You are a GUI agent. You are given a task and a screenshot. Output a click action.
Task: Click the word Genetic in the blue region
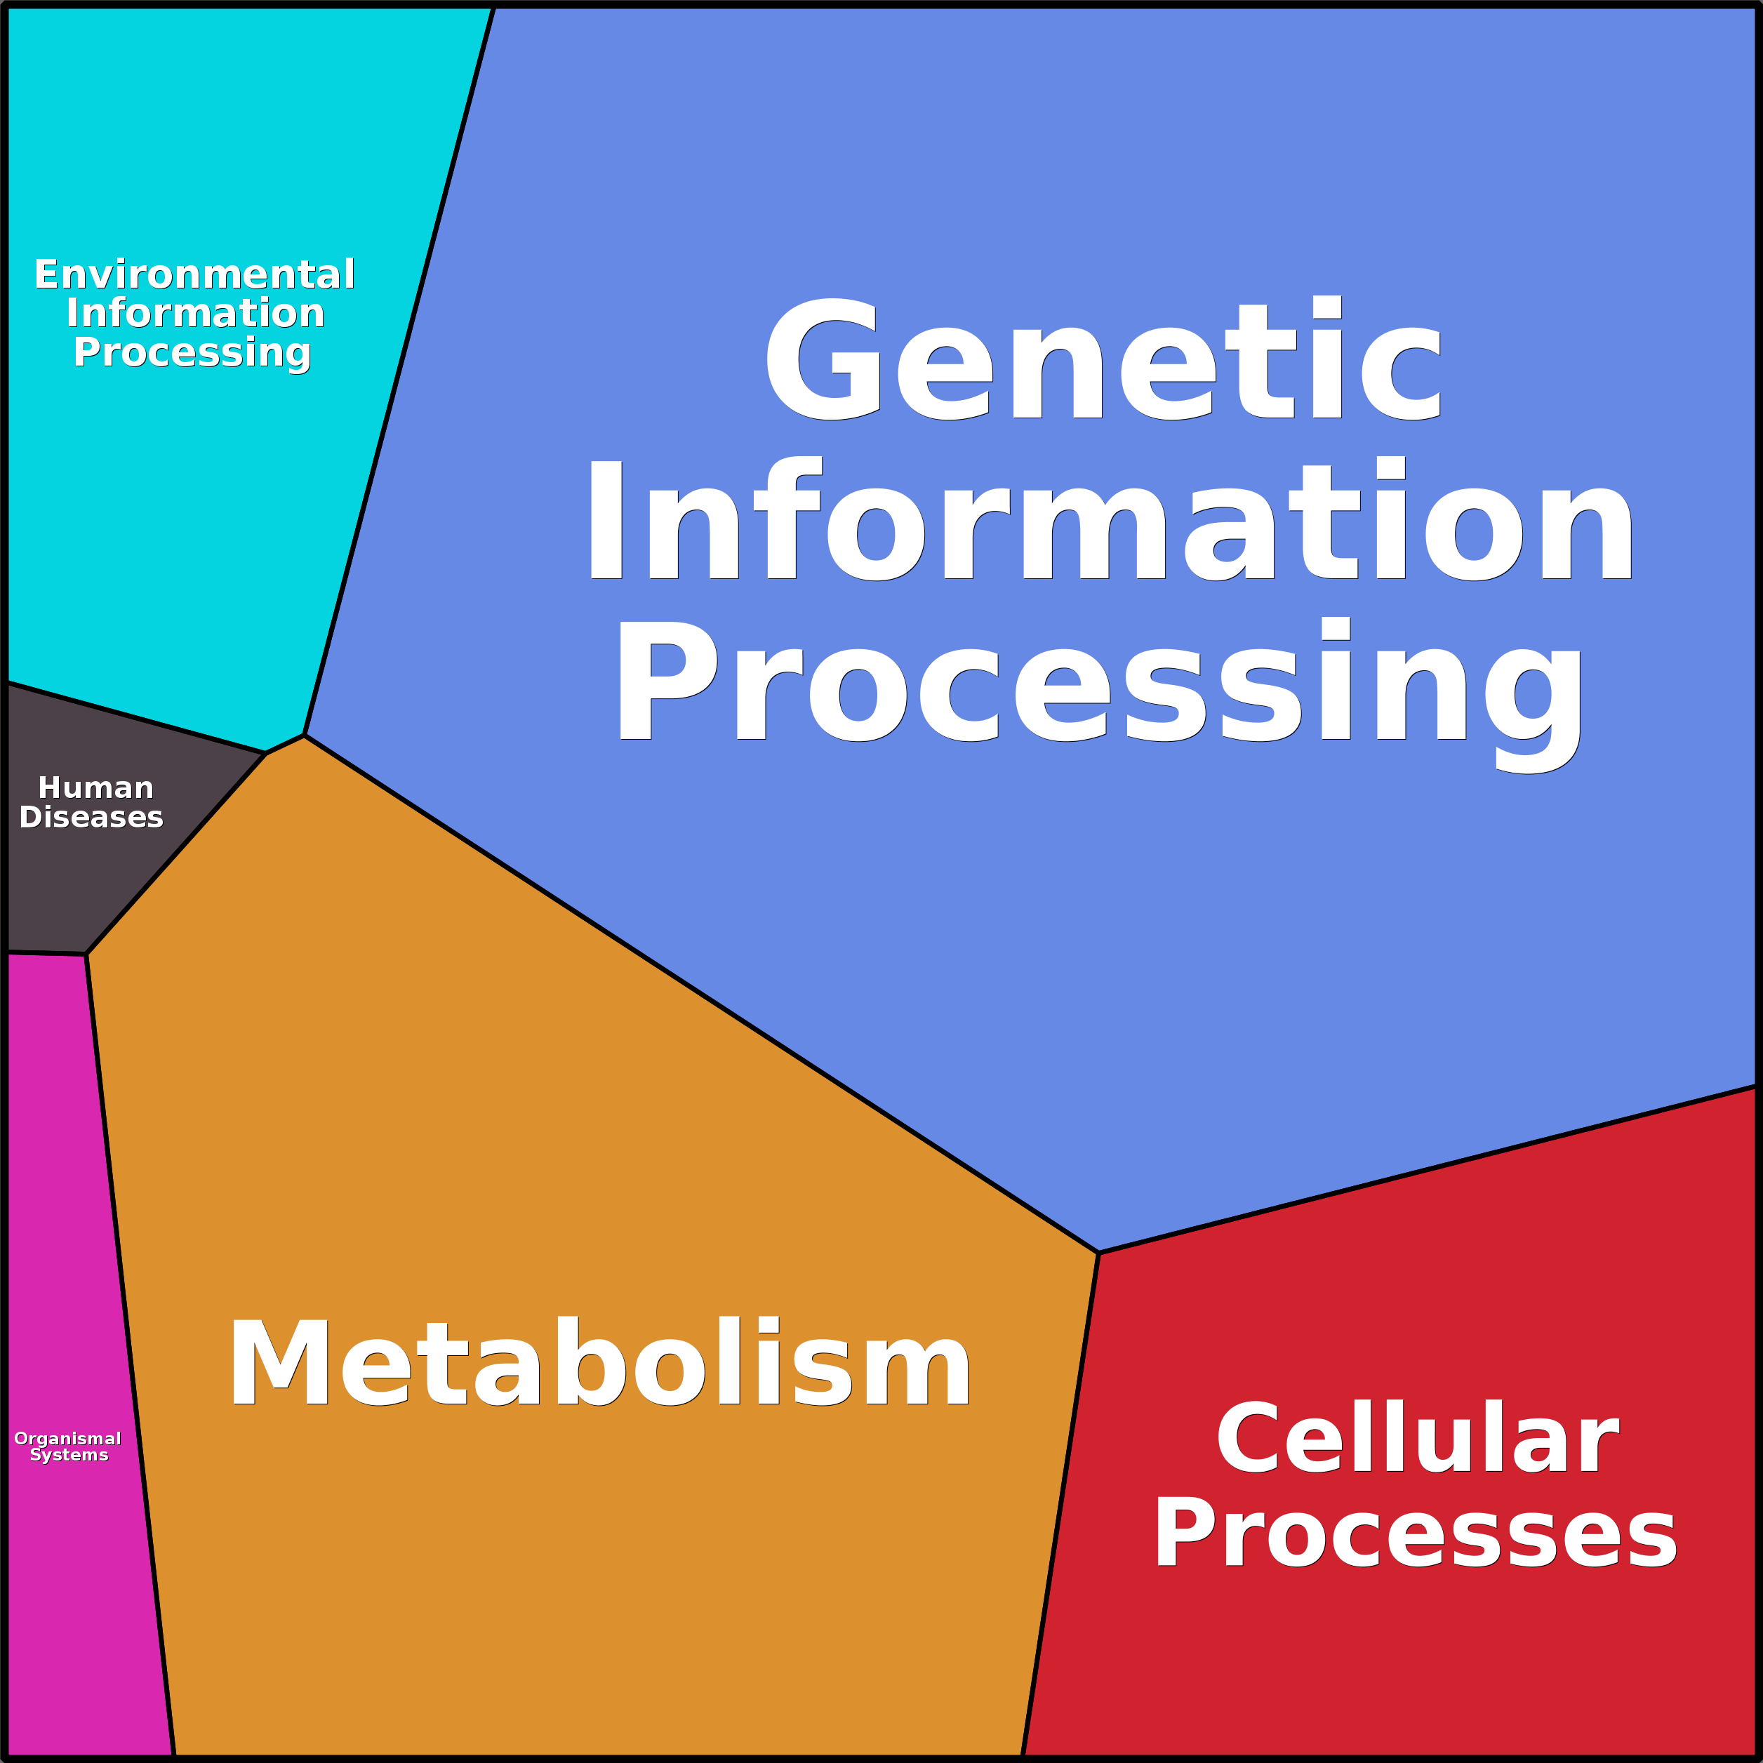click(1103, 359)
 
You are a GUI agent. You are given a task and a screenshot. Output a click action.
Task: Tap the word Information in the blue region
click(1110, 519)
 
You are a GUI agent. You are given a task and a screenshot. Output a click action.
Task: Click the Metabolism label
click(599, 1362)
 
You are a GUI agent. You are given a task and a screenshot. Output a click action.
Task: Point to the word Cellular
click(1416, 1438)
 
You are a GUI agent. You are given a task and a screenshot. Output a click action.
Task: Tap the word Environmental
click(194, 274)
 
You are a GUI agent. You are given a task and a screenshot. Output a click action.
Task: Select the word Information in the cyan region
click(195, 314)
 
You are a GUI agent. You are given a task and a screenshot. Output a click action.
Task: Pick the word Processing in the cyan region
click(192, 353)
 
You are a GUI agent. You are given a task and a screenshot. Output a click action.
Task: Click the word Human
click(96, 787)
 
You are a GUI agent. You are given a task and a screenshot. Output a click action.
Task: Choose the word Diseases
click(91, 817)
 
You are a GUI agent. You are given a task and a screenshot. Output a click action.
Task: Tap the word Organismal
click(67, 1439)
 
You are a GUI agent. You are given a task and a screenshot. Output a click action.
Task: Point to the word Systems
click(69, 1455)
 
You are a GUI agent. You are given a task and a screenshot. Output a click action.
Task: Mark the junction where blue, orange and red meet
click(1098, 1253)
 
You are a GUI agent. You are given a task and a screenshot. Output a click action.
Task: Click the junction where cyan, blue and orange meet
click(303, 736)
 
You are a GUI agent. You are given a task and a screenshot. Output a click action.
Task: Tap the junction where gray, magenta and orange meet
click(86, 954)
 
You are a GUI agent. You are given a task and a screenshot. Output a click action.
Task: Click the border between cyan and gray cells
click(137, 718)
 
